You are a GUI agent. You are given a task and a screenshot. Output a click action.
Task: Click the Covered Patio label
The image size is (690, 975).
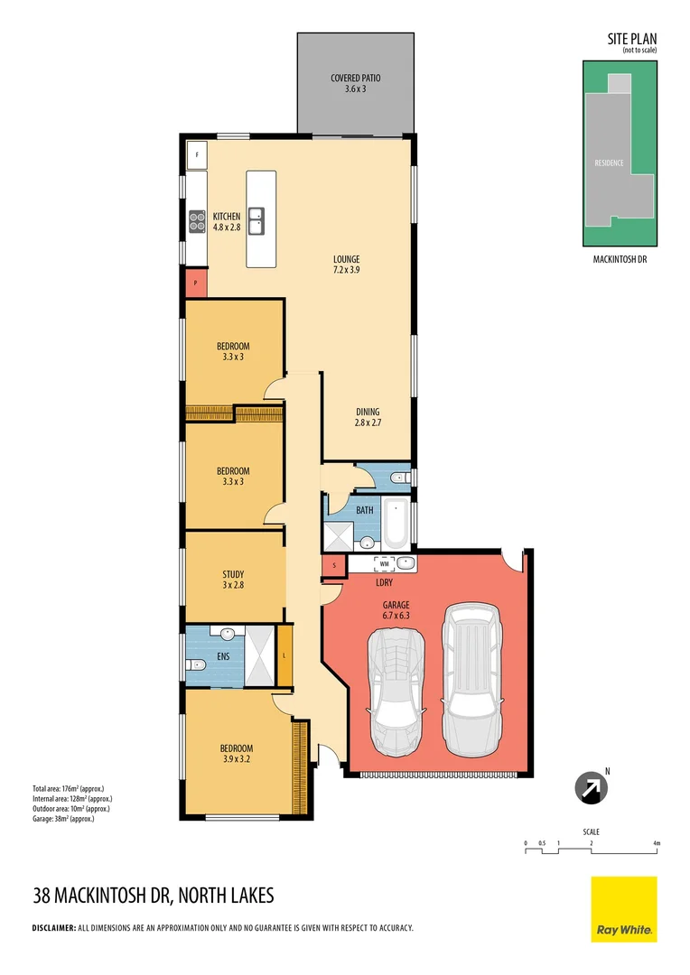[x=355, y=84]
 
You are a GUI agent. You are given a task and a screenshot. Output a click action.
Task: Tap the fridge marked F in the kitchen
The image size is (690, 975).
[x=196, y=155]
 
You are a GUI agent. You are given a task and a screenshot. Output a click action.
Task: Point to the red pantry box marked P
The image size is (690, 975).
[x=196, y=283]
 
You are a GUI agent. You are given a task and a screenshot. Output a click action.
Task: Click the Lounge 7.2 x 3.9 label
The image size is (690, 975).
[x=346, y=265]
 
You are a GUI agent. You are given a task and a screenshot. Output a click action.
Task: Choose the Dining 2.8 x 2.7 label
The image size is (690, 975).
[x=368, y=417]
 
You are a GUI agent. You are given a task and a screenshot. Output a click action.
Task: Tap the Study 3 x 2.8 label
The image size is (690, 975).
[x=233, y=580]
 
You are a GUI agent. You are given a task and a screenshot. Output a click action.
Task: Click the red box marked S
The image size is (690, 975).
[x=334, y=566]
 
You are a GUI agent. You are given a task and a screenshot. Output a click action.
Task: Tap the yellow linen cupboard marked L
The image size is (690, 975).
[x=284, y=655]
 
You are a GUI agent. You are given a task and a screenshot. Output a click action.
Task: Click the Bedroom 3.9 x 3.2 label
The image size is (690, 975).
[x=237, y=754]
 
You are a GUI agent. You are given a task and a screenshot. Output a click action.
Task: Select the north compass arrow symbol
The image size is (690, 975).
[x=592, y=787]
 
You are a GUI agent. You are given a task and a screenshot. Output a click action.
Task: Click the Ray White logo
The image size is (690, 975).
[x=624, y=908]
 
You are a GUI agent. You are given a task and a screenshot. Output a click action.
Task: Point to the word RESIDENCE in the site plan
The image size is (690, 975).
[x=610, y=163]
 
